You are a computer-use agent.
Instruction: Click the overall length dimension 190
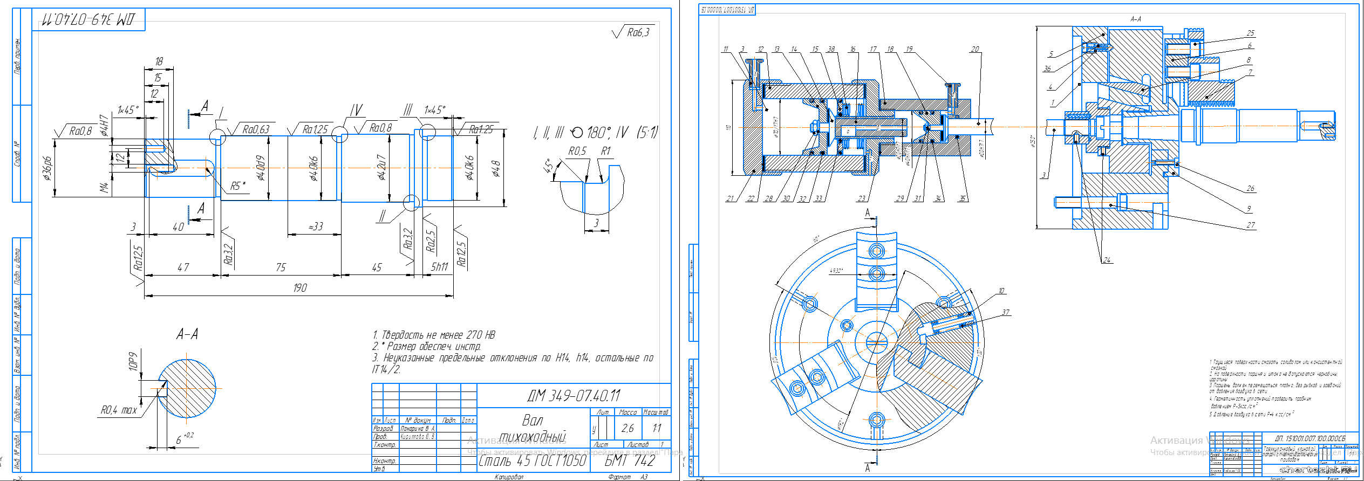click(300, 288)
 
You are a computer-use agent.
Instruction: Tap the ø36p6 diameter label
click(48, 168)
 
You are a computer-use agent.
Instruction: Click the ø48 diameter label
click(496, 169)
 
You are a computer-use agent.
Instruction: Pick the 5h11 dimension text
click(439, 267)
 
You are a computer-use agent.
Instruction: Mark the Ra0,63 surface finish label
click(256, 129)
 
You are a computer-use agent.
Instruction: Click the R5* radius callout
click(237, 186)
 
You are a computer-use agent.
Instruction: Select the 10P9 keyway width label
click(133, 361)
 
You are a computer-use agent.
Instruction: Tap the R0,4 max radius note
click(119, 410)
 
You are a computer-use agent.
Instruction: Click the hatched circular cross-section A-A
click(187, 388)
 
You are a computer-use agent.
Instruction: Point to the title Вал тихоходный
click(533, 428)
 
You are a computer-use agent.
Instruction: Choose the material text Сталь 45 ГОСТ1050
click(532, 461)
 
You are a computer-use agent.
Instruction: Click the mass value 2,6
click(627, 428)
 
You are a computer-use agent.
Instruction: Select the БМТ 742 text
click(629, 461)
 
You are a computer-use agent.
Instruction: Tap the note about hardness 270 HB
click(433, 335)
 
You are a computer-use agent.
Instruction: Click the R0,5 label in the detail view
click(577, 152)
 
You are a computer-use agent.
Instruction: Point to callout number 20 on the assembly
click(974, 50)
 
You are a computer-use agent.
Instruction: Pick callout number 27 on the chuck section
click(1250, 225)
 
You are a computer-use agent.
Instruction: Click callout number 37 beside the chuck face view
click(1005, 312)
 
